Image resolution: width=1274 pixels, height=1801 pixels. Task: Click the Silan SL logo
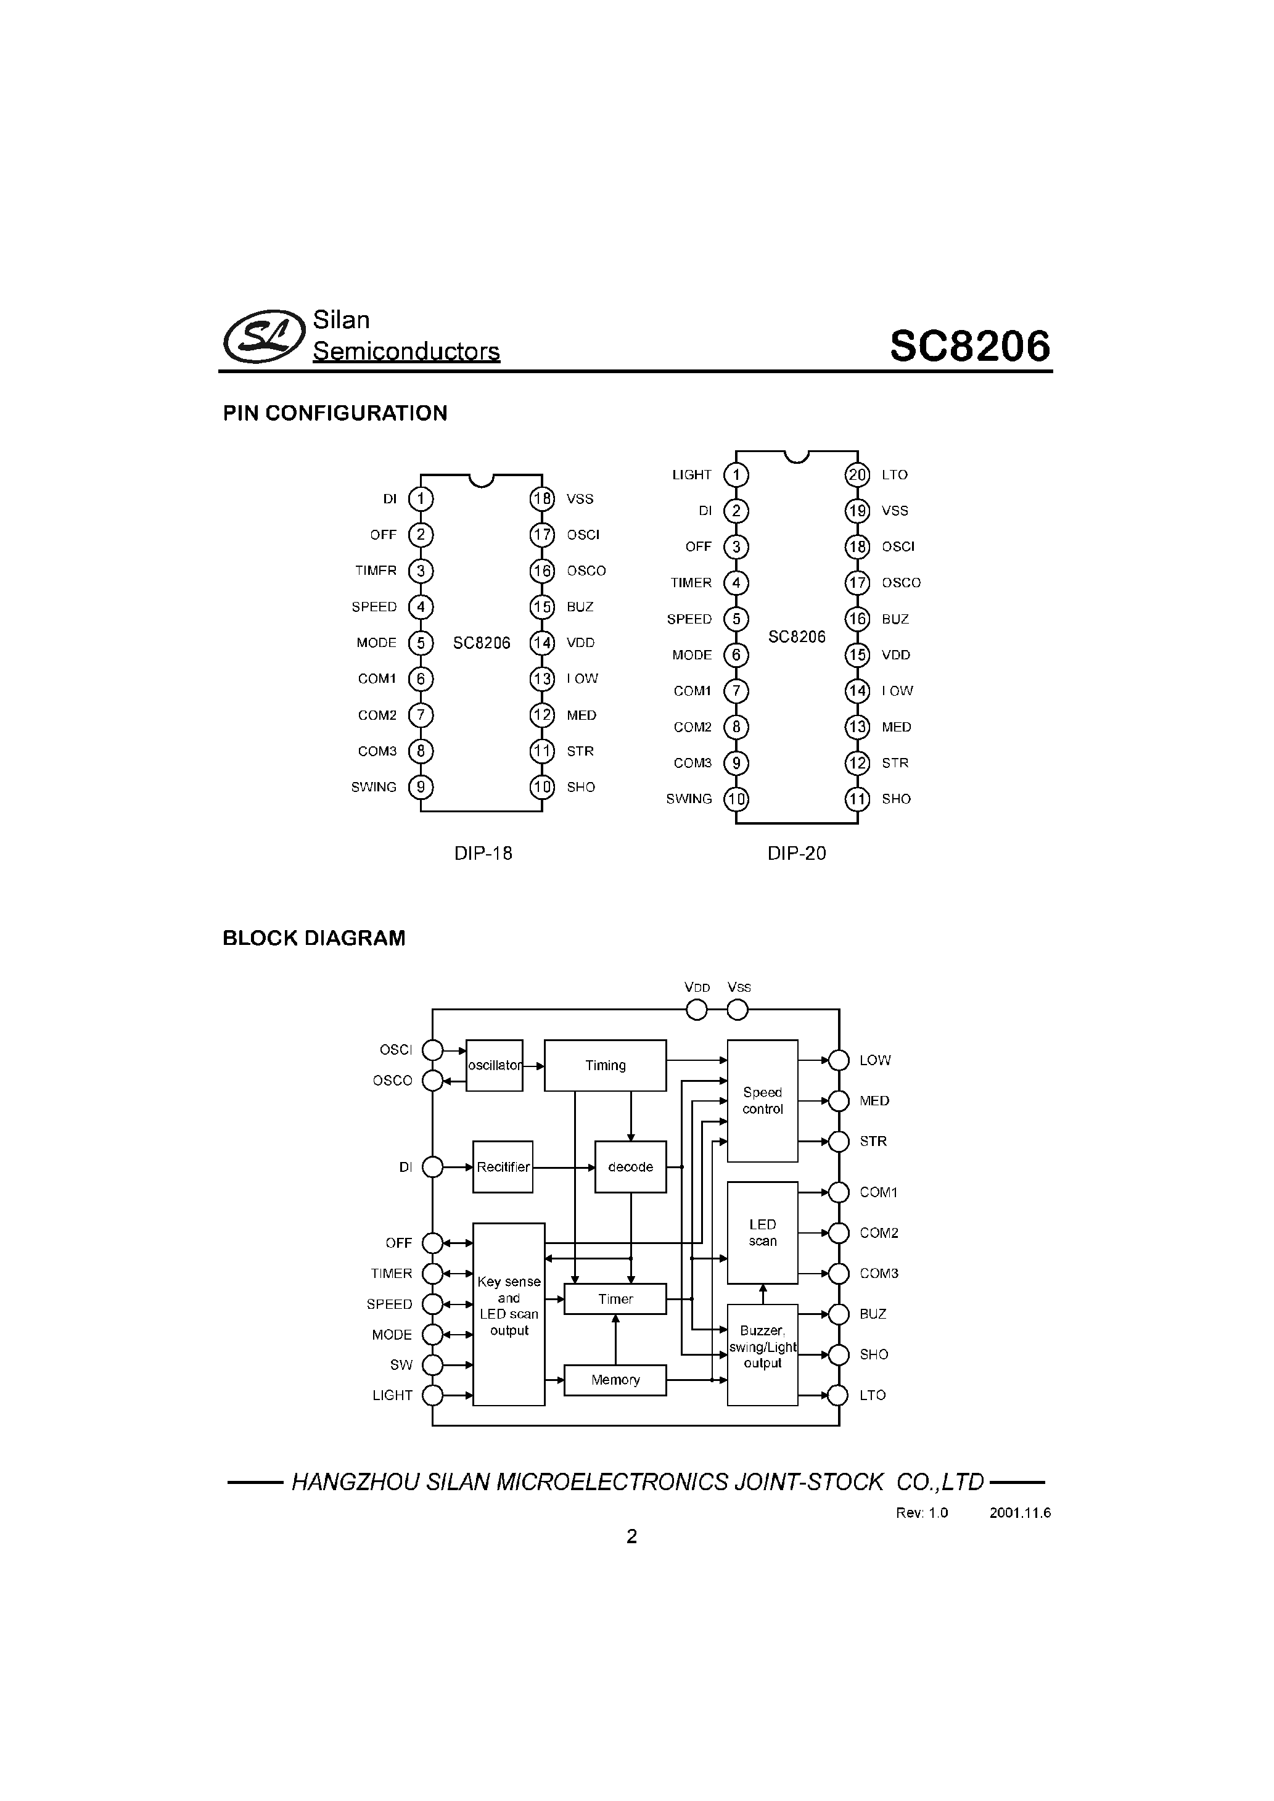263,337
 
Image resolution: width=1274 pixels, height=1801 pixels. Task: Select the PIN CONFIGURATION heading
335,413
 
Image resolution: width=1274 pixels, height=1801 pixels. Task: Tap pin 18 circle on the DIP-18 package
542,499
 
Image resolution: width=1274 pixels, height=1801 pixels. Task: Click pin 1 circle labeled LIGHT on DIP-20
736,474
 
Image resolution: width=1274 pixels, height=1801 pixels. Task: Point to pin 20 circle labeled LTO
857,474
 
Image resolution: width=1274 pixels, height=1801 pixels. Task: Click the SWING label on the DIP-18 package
374,787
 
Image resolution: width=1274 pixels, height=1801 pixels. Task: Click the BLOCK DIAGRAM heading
314,938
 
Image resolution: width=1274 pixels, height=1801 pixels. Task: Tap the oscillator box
494,1065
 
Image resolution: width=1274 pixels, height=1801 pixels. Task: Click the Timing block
605,1065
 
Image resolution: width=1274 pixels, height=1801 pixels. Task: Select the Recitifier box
503,1167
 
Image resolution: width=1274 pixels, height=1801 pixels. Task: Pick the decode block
630,1167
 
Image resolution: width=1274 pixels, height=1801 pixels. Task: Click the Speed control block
763,1100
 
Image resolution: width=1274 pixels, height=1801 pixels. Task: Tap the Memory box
615,1380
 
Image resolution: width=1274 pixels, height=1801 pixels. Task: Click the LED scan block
763,1233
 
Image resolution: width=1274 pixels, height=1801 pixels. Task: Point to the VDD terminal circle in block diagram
697,1010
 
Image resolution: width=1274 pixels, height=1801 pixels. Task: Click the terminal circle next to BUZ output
839,1314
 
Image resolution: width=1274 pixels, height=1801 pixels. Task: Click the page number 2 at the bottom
631,1536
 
